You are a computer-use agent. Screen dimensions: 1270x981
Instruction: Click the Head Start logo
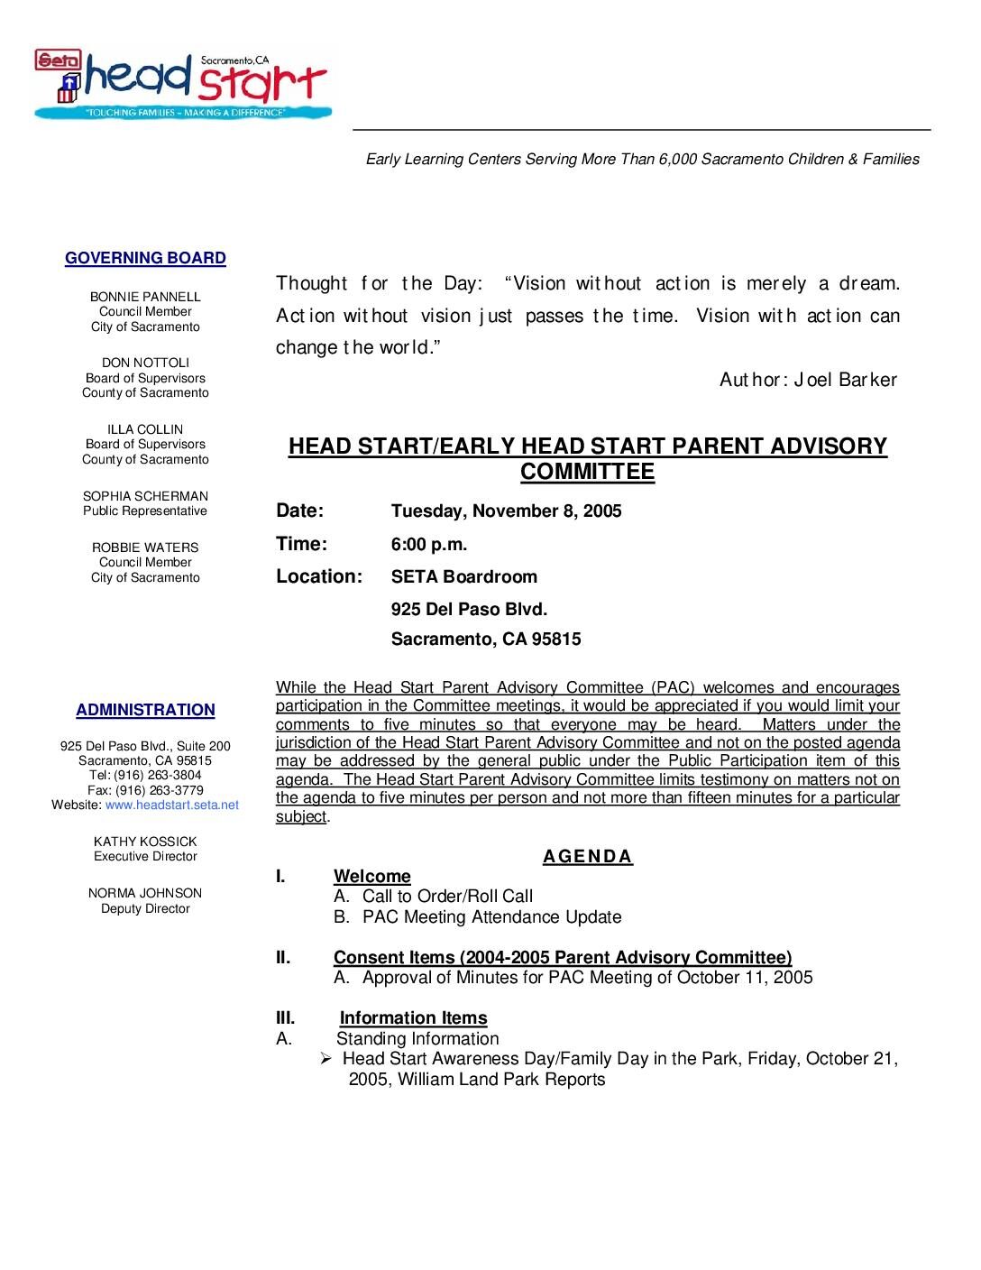point(181,83)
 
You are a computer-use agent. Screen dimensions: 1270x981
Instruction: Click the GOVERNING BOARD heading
point(145,259)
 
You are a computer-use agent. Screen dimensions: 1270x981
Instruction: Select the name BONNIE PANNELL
point(145,297)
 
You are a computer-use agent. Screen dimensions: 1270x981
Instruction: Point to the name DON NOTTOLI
point(145,363)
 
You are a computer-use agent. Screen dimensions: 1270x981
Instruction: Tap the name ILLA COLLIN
point(145,429)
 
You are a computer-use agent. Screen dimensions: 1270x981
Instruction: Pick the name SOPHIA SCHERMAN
point(145,496)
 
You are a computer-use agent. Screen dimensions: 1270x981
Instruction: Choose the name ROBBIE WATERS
point(145,548)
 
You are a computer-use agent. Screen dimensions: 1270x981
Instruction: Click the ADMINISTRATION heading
point(145,711)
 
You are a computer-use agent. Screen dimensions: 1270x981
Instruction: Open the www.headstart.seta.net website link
point(172,805)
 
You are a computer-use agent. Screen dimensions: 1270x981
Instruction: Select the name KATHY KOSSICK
point(145,842)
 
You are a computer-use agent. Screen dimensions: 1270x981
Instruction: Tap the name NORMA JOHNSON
point(145,893)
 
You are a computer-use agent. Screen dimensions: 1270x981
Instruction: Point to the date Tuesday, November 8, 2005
point(506,511)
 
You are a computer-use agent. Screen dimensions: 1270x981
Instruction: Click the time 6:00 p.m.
point(428,544)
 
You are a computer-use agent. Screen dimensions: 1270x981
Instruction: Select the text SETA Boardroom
point(463,577)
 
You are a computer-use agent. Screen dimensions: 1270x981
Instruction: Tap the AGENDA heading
point(588,857)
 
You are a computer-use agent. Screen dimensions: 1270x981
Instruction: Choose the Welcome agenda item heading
point(371,877)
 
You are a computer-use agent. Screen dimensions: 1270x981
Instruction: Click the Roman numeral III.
point(285,1018)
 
